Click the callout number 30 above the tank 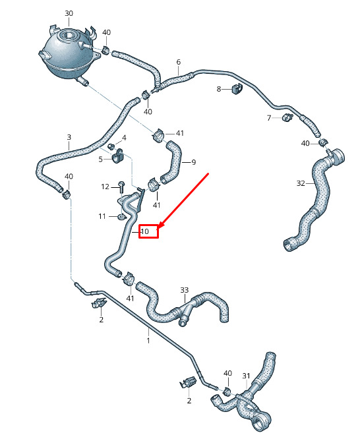[69, 13]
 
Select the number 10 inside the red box [145, 231]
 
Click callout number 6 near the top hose [179, 62]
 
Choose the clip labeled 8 [237, 89]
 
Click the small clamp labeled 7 [287, 117]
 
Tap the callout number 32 [301, 183]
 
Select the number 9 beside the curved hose [194, 162]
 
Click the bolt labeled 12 [121, 187]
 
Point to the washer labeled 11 [122, 217]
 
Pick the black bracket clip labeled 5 [118, 156]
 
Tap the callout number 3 [69, 137]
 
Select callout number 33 [185, 290]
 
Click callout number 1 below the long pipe [148, 340]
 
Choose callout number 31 [246, 376]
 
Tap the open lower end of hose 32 [289, 245]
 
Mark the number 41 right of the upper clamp [179, 133]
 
